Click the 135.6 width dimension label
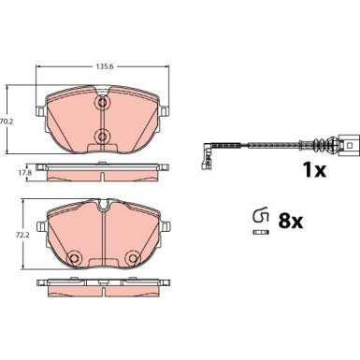pyautogui.click(x=101, y=66)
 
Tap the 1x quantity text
pyautogui.click(x=314, y=170)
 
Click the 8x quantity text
pyautogui.click(x=290, y=221)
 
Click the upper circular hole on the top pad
pyautogui.click(x=102, y=103)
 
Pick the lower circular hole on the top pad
pyautogui.click(x=102, y=137)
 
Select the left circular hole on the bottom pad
pyautogui.click(x=74, y=258)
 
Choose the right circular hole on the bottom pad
pyautogui.click(x=133, y=258)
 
